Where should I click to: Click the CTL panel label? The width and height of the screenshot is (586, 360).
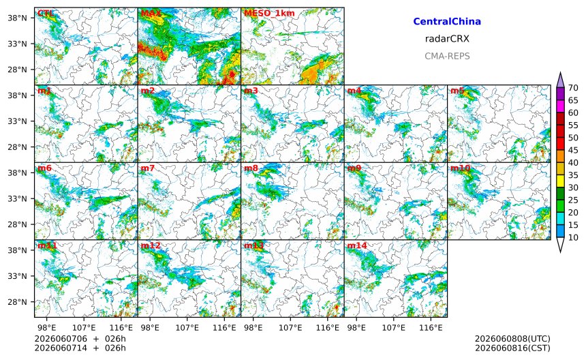click(46, 14)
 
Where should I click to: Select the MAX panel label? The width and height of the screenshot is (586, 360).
click(151, 14)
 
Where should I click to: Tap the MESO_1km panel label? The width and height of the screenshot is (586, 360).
click(269, 14)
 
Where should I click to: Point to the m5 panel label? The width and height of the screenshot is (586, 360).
click(457, 91)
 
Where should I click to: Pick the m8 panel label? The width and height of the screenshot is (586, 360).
click(251, 168)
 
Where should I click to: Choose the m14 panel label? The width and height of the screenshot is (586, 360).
click(357, 245)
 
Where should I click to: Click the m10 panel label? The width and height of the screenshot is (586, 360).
click(460, 168)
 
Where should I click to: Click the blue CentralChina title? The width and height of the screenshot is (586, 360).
click(447, 22)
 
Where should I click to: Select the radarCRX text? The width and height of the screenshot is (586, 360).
click(447, 39)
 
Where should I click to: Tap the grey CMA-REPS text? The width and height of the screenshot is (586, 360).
click(447, 56)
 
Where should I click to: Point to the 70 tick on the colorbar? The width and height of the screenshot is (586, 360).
click(573, 88)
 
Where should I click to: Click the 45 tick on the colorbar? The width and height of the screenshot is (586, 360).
click(573, 150)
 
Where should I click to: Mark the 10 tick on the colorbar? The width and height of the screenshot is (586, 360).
click(573, 237)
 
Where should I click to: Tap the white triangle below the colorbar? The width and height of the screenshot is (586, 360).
click(560, 245)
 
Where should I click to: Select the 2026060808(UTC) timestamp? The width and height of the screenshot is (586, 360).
click(512, 339)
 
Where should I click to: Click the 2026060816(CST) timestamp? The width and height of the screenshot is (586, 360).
click(512, 348)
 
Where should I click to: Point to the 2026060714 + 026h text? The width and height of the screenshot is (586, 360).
click(80, 348)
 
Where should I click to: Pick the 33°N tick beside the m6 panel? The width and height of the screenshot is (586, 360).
click(17, 198)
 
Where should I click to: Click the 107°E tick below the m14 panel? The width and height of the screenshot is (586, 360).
click(394, 328)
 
